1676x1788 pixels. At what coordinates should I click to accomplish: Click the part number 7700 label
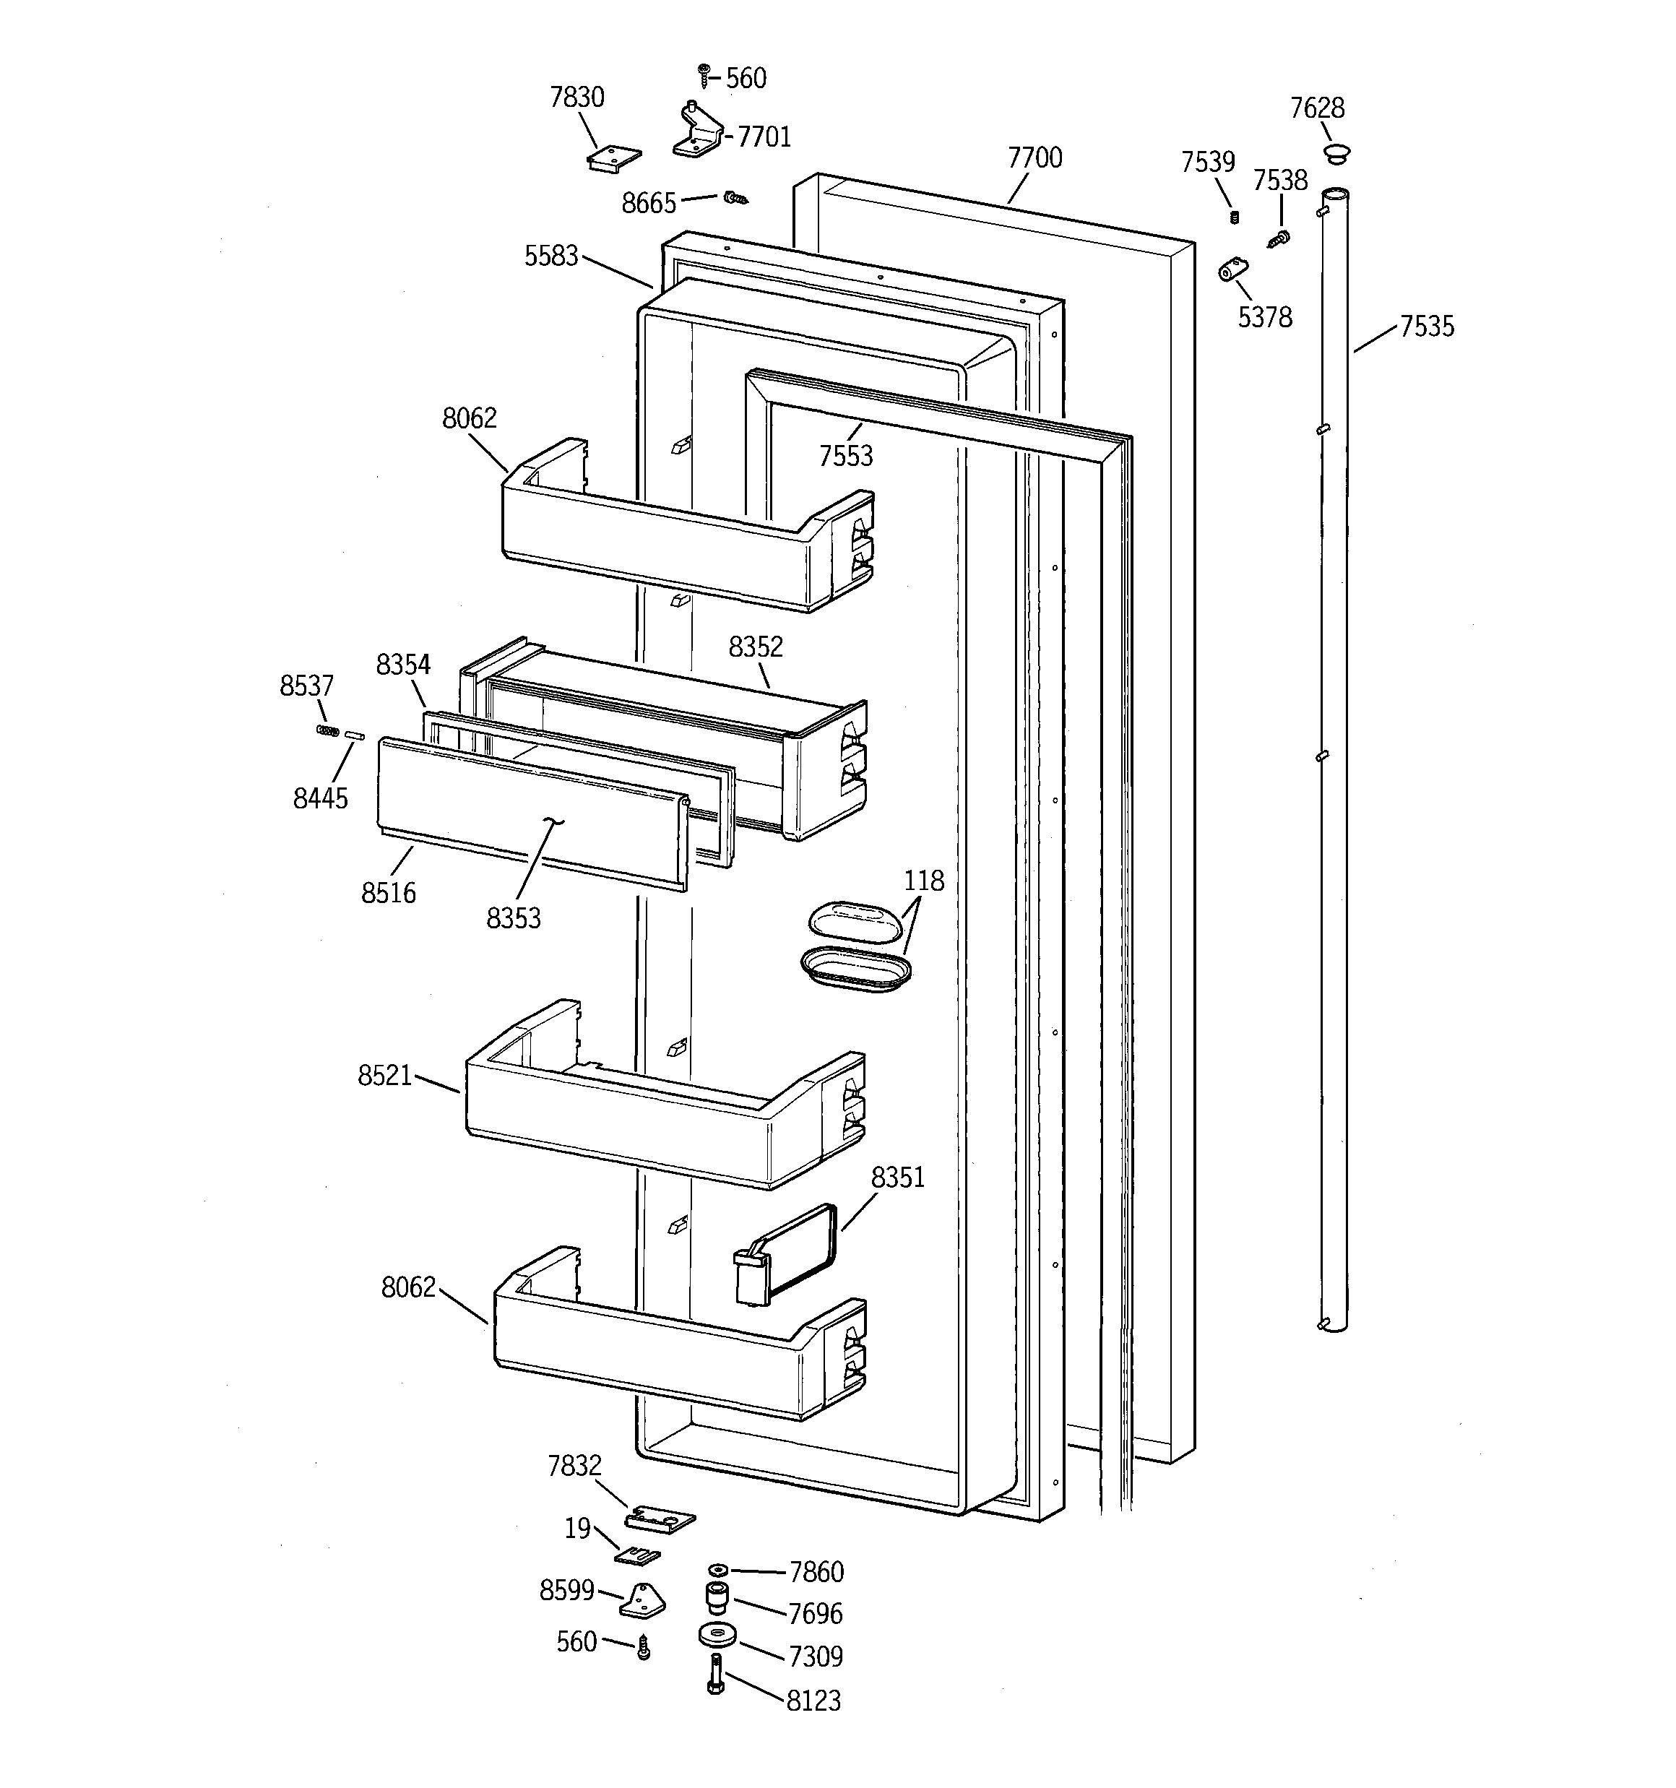1034,158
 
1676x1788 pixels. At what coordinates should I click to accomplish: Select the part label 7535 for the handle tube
1427,327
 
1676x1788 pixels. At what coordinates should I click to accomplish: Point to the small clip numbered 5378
1233,269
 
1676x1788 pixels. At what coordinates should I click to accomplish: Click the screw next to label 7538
1279,238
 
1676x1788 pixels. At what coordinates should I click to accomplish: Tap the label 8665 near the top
649,203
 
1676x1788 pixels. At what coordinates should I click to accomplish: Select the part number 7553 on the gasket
846,456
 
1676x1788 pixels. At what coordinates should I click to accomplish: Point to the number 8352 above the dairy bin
756,647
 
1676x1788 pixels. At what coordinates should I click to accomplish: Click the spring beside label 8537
327,730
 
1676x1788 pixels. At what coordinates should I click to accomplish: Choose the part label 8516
389,893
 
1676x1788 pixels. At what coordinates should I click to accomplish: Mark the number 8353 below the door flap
514,918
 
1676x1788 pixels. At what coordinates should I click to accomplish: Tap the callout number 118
924,881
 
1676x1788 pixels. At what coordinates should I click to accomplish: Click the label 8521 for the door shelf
385,1076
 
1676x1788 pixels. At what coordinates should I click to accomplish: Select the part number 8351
898,1178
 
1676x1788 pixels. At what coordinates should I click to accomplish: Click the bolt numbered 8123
716,1675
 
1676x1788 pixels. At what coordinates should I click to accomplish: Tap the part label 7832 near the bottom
574,1467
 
